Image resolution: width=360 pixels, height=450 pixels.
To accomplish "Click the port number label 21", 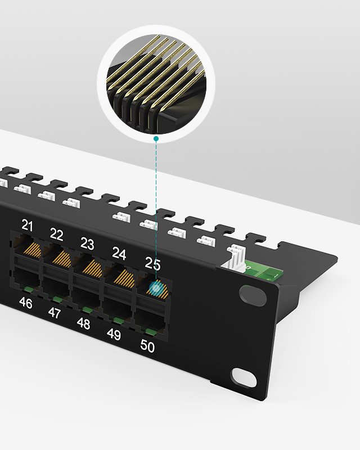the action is (27, 226).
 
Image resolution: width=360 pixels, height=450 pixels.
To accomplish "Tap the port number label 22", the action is (56, 235).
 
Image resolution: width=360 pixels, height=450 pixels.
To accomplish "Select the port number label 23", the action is (87, 244).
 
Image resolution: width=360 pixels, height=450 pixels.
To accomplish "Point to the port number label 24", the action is (119, 254).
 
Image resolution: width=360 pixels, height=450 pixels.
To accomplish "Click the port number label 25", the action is (152, 263).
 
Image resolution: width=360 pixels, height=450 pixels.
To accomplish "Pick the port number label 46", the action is (25, 303).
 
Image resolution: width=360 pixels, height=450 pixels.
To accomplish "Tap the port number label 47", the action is (54, 313).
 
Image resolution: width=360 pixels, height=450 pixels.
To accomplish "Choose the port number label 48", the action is (83, 323).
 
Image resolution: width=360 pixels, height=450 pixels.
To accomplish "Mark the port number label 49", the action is (114, 334).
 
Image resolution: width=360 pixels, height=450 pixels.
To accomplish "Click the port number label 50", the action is (147, 346).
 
